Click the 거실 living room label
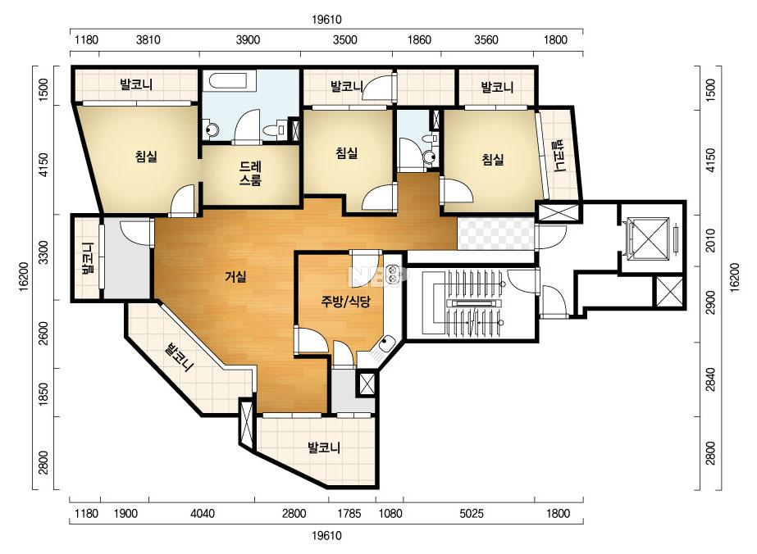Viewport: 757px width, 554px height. [x=235, y=276]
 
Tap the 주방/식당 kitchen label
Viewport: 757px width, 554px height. [x=345, y=302]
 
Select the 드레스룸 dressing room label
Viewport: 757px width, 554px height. [x=251, y=174]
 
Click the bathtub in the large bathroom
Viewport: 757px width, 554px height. [x=228, y=81]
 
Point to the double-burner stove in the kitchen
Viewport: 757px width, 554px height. [x=394, y=274]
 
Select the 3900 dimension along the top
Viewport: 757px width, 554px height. [x=249, y=39]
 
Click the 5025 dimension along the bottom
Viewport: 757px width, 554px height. [x=472, y=513]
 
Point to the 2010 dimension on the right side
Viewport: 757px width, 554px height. [x=710, y=240]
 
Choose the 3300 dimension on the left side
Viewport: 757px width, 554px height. [x=44, y=252]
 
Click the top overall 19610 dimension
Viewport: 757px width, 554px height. [x=327, y=20]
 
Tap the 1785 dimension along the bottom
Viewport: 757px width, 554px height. [x=349, y=513]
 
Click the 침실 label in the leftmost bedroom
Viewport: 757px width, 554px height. [x=146, y=156]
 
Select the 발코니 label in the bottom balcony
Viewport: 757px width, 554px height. [x=325, y=447]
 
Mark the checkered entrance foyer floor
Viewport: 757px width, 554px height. [x=496, y=234]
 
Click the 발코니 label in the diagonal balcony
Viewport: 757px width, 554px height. [x=179, y=357]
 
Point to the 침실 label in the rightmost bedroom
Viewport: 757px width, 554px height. [x=493, y=159]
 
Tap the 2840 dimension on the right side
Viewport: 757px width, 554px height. [x=710, y=379]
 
